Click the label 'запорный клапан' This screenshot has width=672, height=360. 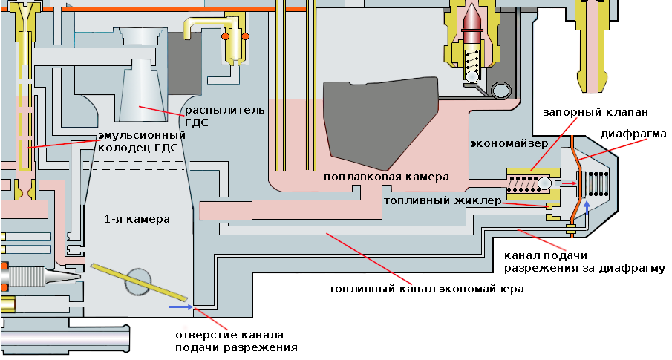coord(596,112)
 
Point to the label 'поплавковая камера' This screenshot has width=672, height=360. coord(386,178)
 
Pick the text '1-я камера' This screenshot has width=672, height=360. coord(137,220)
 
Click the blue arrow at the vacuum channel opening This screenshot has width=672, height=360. coord(180,306)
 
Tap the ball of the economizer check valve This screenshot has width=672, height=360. coord(547,183)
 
